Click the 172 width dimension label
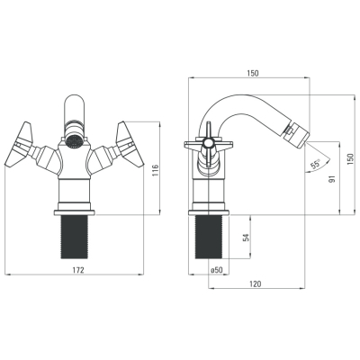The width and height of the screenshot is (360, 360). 78,270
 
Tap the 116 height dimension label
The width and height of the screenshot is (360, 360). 155,171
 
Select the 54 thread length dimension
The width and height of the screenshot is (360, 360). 246,238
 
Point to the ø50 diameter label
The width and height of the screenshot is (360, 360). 217,270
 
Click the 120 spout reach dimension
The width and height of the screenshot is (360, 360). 256,283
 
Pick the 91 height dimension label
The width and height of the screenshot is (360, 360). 331,179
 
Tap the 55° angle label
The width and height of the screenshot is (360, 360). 315,165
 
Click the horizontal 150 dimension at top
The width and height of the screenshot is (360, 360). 253,73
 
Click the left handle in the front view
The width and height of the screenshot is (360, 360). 19,144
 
